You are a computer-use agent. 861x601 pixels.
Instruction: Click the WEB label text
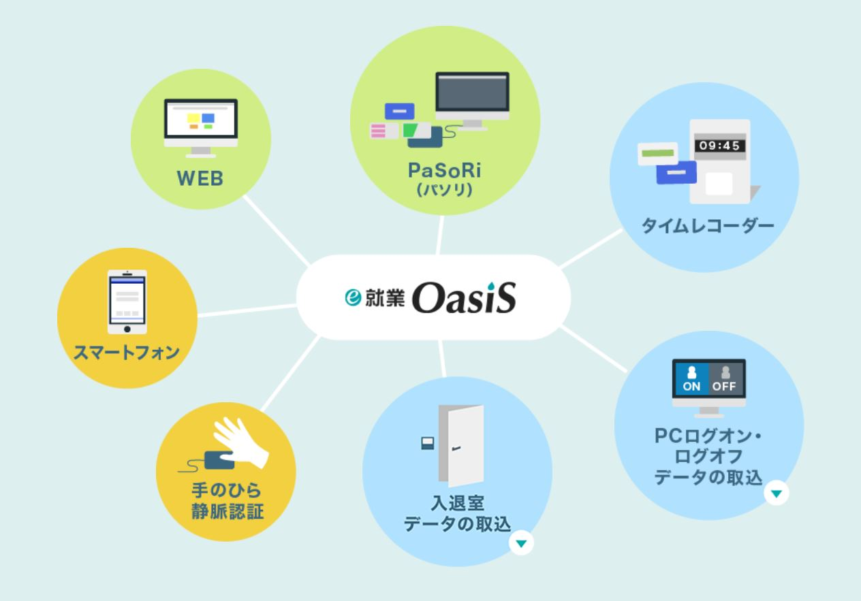coord(200,180)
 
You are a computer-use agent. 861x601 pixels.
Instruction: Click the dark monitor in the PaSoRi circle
coord(472,97)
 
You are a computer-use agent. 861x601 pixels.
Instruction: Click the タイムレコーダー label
coord(708,226)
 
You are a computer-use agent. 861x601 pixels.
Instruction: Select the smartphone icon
coord(127,302)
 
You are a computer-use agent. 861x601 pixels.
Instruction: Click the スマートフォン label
coord(127,353)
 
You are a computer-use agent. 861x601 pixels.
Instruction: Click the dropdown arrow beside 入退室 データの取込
coord(522,543)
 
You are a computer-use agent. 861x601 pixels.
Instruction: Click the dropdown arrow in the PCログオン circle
coord(776,493)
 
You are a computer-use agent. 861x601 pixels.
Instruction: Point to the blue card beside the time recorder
coord(676,172)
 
